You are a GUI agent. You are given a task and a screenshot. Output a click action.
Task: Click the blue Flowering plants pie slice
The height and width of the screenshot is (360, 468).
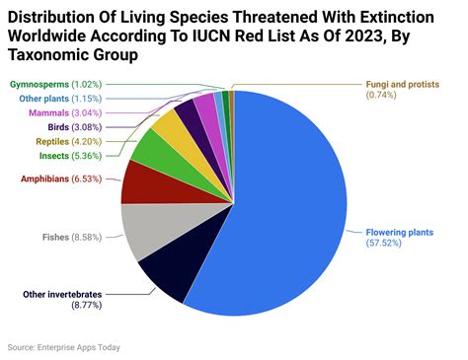tap(296, 207)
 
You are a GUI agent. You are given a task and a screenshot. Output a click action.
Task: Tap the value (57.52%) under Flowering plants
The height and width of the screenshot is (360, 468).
tap(385, 243)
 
